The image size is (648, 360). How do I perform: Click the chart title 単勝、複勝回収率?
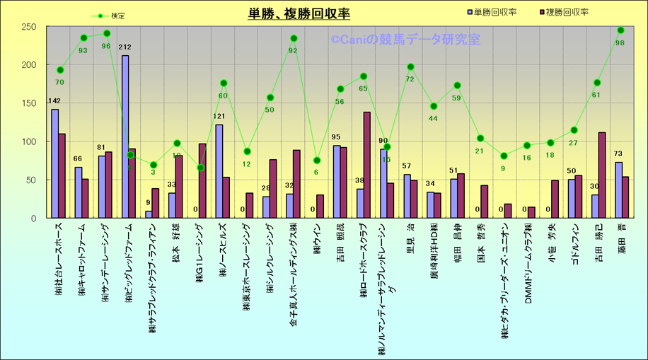pyautogui.click(x=299, y=13)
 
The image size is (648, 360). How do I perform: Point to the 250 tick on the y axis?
pyautogui.click(x=28, y=27)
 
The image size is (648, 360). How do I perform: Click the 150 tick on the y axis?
pyautogui.click(x=28, y=103)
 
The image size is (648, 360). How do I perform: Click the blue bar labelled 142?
pyautogui.click(x=55, y=163)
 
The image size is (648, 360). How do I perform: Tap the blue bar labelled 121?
pyautogui.click(x=219, y=171)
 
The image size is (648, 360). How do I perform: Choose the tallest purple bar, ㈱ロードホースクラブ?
pyautogui.click(x=367, y=165)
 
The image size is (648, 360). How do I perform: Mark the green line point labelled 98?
pyautogui.click(x=620, y=30)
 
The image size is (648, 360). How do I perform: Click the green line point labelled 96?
pyautogui.click(x=107, y=33)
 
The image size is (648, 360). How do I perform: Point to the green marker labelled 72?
pyautogui.click(x=410, y=67)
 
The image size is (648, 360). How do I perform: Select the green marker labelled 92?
pyautogui.click(x=294, y=38)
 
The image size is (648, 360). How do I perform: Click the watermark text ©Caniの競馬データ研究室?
pyautogui.click(x=405, y=40)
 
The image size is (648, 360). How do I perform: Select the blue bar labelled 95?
pyautogui.click(x=336, y=182)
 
